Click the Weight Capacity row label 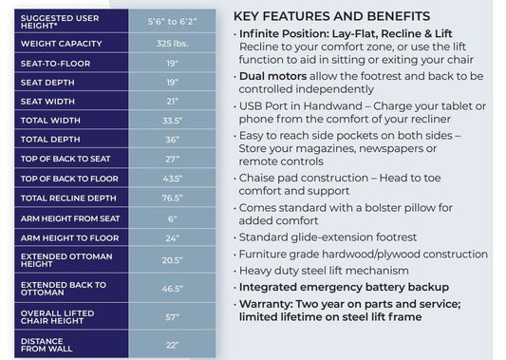click(x=61, y=44)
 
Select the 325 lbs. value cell click(x=172, y=44)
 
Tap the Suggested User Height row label click(x=60, y=22)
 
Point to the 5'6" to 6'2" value click(x=172, y=22)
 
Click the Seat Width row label click(x=47, y=102)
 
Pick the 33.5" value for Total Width click(x=172, y=121)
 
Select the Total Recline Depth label click(x=68, y=198)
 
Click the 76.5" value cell click(x=172, y=198)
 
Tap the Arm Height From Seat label click(x=70, y=218)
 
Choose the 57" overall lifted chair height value click(x=172, y=317)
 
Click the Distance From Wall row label click(x=47, y=345)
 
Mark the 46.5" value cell click(x=173, y=289)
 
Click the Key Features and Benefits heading click(x=331, y=16)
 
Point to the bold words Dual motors click(x=272, y=76)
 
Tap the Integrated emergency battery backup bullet click(x=344, y=287)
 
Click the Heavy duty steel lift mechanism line click(x=324, y=271)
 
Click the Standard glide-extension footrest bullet click(x=328, y=237)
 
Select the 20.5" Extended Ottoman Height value click(x=172, y=260)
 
